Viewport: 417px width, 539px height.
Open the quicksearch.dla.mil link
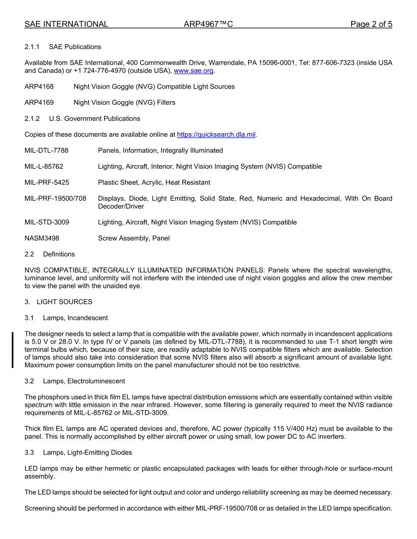(216, 135)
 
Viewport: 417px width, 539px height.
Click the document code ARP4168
(39, 87)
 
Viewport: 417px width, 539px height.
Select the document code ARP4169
(39, 103)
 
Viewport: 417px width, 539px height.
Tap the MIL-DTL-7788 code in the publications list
(47, 151)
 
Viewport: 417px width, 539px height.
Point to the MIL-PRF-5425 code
(47, 183)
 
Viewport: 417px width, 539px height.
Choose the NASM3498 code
(42, 238)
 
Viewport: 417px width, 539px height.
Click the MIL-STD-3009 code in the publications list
(47, 223)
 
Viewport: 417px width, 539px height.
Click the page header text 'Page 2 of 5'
(371, 25)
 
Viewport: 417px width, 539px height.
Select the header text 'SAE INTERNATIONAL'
(66, 25)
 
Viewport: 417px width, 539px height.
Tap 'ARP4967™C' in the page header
(208, 25)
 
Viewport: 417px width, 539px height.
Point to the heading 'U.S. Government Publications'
(95, 119)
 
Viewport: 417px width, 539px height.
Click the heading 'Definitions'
(59, 255)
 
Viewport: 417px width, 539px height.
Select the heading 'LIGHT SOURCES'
(65, 302)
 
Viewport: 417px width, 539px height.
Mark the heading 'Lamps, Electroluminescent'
(84, 381)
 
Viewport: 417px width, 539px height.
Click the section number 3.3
(29, 453)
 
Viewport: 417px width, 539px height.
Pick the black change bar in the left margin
(13, 350)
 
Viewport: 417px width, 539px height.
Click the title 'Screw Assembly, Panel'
(134, 238)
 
